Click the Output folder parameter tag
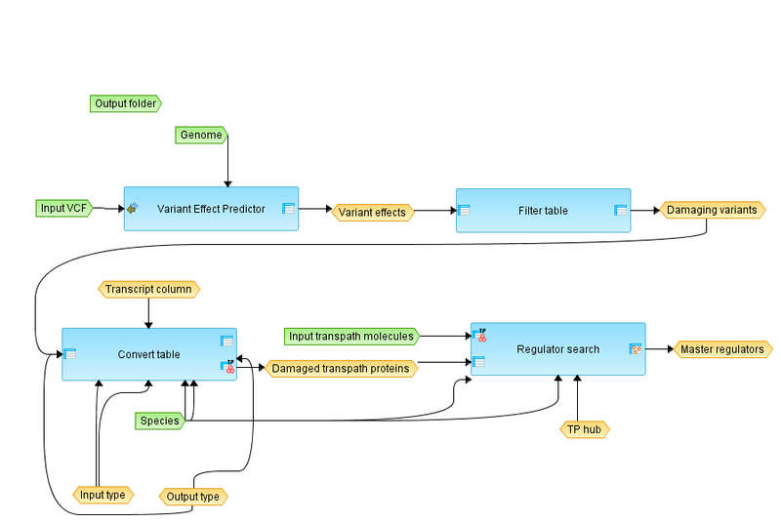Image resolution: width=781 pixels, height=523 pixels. [x=124, y=102]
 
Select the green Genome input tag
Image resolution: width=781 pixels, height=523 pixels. [x=202, y=135]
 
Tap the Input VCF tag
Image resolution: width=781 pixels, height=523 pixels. [x=63, y=208]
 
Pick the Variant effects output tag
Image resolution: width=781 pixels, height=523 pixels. [x=373, y=212]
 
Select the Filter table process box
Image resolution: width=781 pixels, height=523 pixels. [x=543, y=210]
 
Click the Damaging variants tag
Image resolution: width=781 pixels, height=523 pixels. [x=712, y=210]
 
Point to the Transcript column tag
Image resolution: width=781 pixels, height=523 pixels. [x=148, y=289]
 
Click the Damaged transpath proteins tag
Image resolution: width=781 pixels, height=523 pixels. [x=340, y=369]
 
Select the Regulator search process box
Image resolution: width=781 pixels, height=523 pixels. [x=557, y=348]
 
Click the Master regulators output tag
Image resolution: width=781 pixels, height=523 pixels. [x=722, y=348]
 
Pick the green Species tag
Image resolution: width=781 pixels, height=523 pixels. [x=159, y=421]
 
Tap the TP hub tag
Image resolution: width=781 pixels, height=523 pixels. [x=585, y=429]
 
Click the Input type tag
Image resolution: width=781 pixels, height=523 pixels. [x=103, y=495]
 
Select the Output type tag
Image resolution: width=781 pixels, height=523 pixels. [x=193, y=496]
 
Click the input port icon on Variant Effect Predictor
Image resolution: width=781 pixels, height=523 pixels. [x=131, y=208]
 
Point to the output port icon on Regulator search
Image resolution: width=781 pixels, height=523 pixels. [x=635, y=348]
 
